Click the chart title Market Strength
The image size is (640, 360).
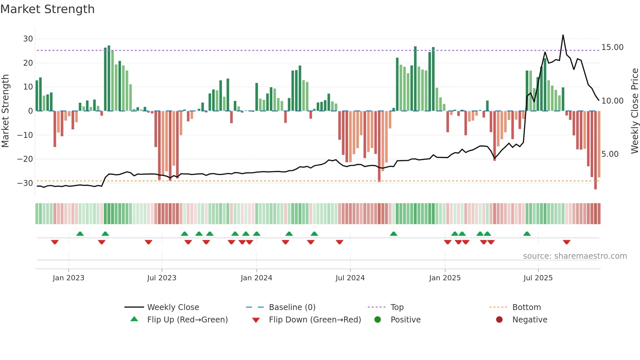tap(48, 9)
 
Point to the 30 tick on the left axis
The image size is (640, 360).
tap(28, 39)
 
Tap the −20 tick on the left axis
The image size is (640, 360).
tap(25, 159)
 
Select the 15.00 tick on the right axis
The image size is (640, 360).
tap(612, 47)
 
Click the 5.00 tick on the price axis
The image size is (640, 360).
tap(610, 154)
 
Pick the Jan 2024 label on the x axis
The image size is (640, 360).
tap(256, 278)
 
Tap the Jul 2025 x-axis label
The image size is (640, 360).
tap(538, 278)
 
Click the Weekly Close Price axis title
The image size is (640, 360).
tap(634, 111)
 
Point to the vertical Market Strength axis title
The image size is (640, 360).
tap(6, 111)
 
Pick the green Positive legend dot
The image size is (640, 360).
tap(378, 320)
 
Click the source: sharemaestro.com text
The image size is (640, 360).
tap(575, 256)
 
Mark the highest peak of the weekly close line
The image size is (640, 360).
tap(563, 35)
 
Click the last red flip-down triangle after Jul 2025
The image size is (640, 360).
tap(567, 242)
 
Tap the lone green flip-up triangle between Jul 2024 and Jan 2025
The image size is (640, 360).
tap(393, 234)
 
